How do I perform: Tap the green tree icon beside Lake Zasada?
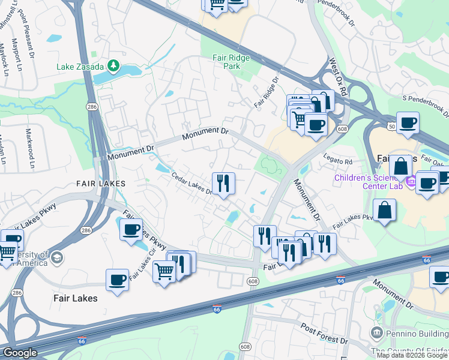click(113, 65)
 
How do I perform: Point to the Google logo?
click(19, 353)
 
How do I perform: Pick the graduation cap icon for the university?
click(56, 258)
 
